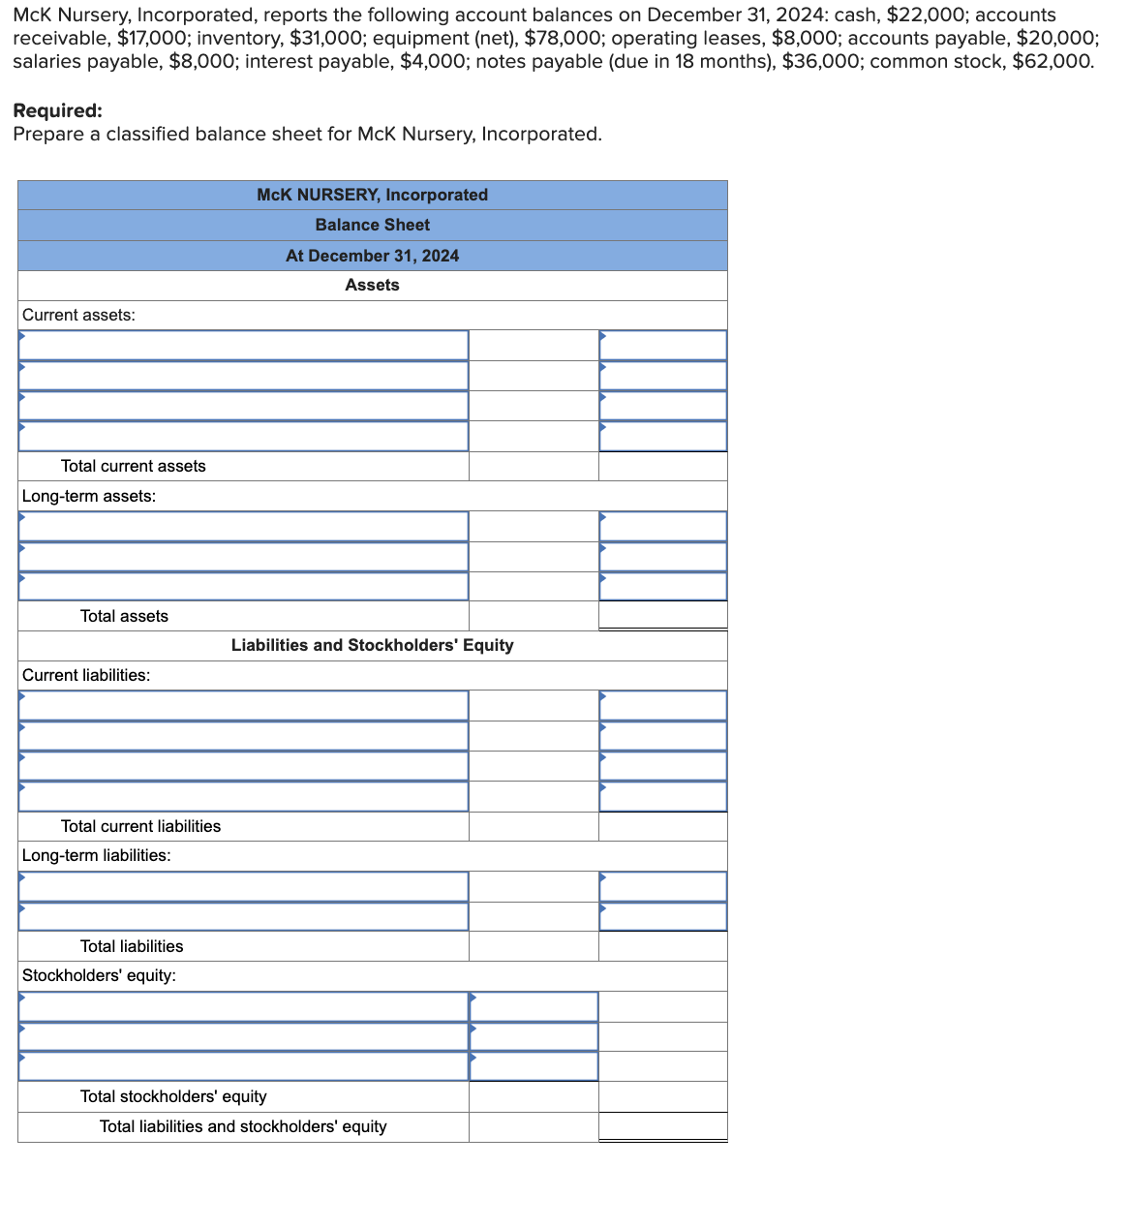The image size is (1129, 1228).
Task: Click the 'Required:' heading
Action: (x=57, y=110)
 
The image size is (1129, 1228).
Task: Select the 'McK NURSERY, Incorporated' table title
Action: (x=372, y=195)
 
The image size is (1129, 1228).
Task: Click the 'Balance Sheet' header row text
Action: (x=372, y=225)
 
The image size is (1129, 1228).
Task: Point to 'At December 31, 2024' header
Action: (x=372, y=256)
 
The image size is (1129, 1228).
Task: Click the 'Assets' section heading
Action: (x=372, y=285)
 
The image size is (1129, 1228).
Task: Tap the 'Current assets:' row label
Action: (x=78, y=315)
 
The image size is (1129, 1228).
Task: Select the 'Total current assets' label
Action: (x=133, y=466)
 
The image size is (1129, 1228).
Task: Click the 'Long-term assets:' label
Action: (x=88, y=496)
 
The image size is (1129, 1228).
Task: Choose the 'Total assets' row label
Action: (x=124, y=616)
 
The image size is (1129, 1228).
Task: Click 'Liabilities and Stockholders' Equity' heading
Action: (x=372, y=645)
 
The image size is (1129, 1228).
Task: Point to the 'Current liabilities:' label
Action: (x=86, y=675)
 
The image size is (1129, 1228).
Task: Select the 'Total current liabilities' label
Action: (x=140, y=826)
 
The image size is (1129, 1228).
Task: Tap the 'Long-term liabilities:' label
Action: (x=96, y=855)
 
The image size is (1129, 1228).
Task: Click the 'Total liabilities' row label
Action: (x=132, y=946)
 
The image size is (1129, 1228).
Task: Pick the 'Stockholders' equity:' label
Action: (x=99, y=975)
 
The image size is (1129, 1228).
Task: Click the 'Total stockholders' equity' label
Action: (x=173, y=1096)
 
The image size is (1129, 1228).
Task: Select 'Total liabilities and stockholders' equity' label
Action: (x=243, y=1126)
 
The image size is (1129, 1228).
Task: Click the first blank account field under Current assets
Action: (x=243, y=346)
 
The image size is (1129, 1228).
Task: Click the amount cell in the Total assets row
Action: (x=662, y=615)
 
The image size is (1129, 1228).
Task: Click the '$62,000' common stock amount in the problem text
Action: (x=1052, y=61)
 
